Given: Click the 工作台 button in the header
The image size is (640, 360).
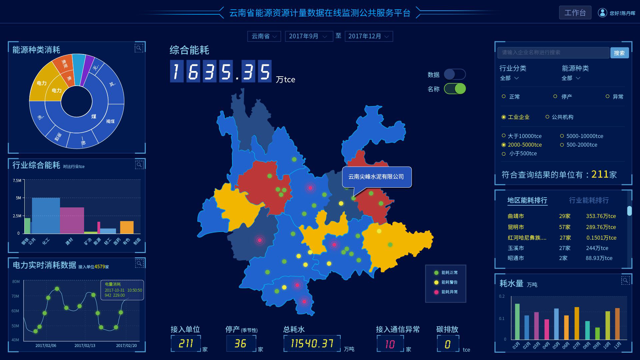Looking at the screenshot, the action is click(575, 13).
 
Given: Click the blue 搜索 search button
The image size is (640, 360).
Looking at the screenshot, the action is click(619, 53).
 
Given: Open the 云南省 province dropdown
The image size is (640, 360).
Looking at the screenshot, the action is click(264, 36).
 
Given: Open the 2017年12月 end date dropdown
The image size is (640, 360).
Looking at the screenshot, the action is click(369, 36).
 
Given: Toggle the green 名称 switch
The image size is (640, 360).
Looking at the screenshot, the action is click(455, 89).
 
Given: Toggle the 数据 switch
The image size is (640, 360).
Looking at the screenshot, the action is click(455, 74).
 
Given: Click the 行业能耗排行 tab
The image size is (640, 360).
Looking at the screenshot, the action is click(589, 200).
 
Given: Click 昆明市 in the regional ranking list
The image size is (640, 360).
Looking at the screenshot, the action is click(516, 227).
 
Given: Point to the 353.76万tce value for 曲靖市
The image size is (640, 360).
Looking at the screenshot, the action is click(601, 216).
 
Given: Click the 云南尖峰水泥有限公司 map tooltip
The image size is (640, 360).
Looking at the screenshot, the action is click(377, 177).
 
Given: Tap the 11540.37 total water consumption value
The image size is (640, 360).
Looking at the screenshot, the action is click(312, 343).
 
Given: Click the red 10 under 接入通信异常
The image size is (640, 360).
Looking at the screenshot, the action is click(390, 344).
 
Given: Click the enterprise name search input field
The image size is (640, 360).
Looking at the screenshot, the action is click(553, 52).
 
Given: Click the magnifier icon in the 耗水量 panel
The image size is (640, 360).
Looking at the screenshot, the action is click(625, 280).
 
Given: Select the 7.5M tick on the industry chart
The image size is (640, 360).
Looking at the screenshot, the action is click(17, 181).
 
